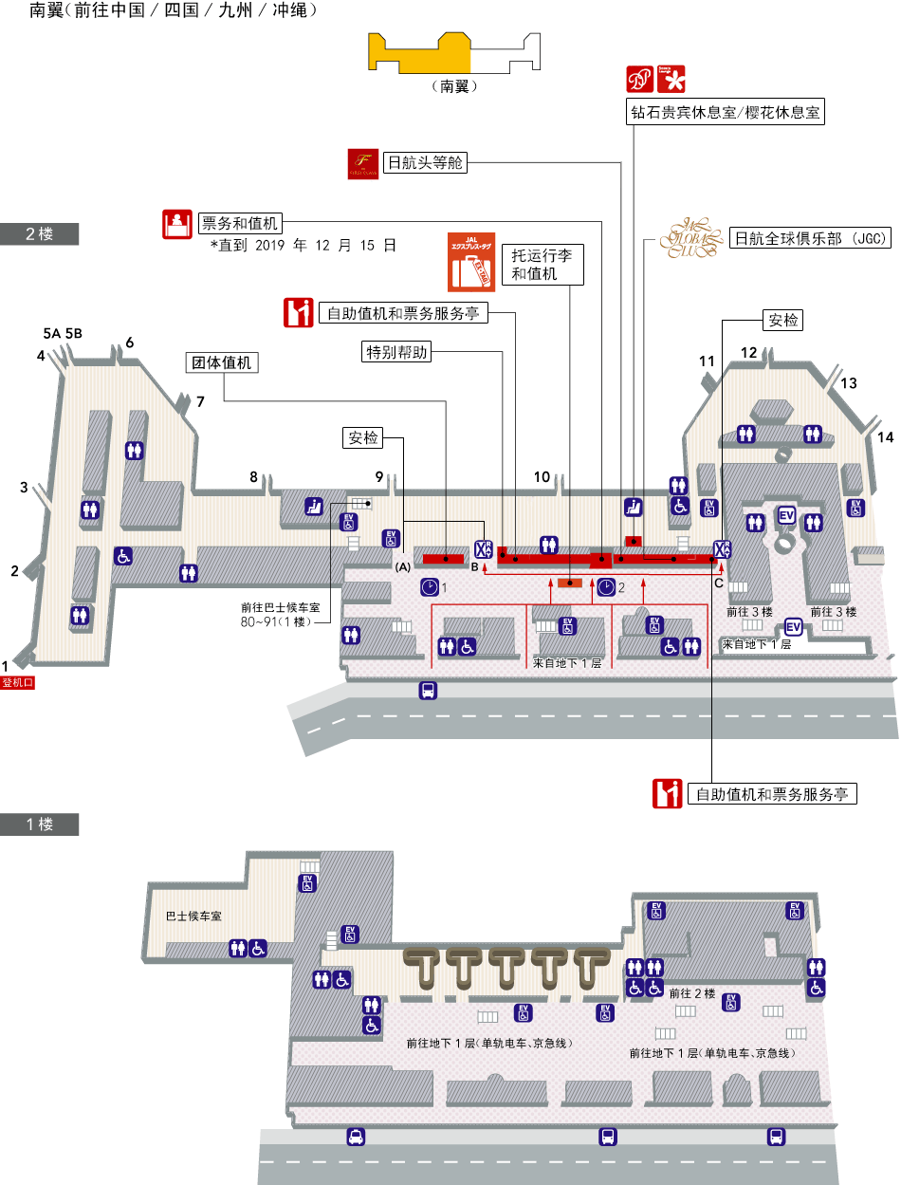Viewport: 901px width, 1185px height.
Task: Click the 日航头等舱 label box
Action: coord(426,162)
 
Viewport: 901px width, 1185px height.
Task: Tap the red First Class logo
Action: coord(363,163)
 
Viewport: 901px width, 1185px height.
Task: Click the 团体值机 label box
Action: coord(222,362)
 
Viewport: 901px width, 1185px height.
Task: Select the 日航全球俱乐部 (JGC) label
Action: coord(810,239)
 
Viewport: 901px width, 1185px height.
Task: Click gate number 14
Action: coord(885,437)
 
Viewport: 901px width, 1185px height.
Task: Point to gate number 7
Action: coord(200,401)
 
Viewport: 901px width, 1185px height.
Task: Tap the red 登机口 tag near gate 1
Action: coord(18,681)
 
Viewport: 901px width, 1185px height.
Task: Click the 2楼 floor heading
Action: coord(39,234)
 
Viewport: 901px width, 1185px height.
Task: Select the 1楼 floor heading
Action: coord(39,824)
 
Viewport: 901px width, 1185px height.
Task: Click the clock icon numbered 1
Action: coord(431,587)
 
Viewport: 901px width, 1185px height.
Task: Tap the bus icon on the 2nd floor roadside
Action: coord(428,691)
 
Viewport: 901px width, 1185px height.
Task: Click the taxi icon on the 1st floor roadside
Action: coord(356,1137)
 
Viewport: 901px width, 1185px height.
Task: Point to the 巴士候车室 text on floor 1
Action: coord(193,917)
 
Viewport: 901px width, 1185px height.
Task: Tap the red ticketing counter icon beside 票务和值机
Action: coord(175,224)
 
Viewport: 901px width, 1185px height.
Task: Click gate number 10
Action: coord(542,477)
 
